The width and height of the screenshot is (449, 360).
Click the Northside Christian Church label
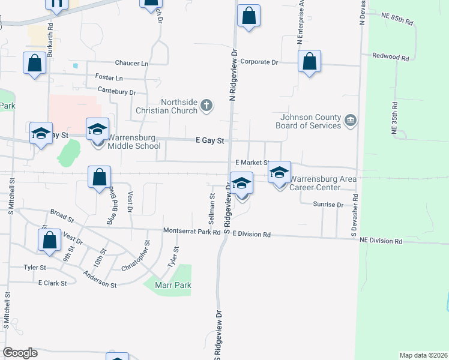tap(179, 106)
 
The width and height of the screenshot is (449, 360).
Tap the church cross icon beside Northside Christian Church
tap(206, 106)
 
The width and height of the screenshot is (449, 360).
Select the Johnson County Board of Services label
tap(309, 121)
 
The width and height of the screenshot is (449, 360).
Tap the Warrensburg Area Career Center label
tap(324, 183)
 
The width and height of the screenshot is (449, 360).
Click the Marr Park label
tap(173, 285)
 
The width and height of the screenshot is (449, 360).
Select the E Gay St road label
tap(210, 140)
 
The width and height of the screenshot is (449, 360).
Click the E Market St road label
tap(250, 163)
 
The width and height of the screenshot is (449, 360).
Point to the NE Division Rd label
tap(381, 241)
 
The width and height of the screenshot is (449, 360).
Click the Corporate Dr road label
tap(259, 62)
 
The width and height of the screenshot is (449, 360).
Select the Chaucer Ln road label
tap(132, 63)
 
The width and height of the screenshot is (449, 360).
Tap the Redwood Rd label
tap(390, 58)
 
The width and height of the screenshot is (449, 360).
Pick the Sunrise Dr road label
tap(328, 205)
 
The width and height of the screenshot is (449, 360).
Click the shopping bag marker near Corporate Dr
tap(309, 62)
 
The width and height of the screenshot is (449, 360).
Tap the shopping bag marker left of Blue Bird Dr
tap(99, 178)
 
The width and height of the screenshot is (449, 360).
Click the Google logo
tap(20, 353)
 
